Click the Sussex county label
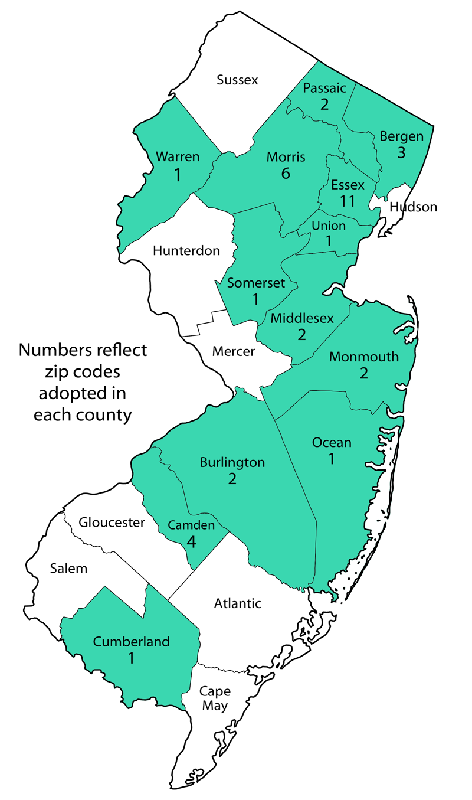(x=237, y=80)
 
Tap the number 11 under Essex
(x=348, y=201)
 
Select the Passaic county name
(x=324, y=89)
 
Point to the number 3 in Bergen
(x=401, y=153)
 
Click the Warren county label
(x=178, y=157)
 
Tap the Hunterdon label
(x=186, y=250)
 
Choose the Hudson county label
(x=412, y=207)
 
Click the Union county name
(x=329, y=226)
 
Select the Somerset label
(x=256, y=283)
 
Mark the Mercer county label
(x=233, y=351)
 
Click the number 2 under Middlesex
(x=302, y=335)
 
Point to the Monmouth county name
(x=364, y=357)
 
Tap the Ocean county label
(x=332, y=442)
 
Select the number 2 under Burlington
(x=232, y=478)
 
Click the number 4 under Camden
(x=191, y=541)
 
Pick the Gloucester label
(x=112, y=523)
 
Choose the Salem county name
(x=68, y=569)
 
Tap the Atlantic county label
(x=237, y=603)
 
